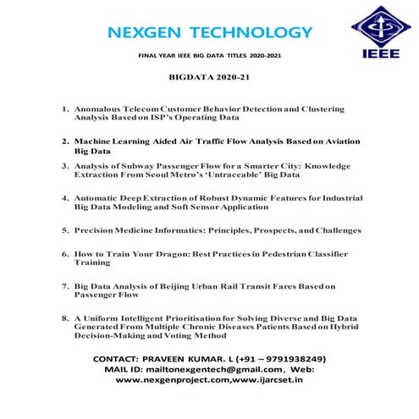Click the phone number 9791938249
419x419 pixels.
[x=290, y=359]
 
